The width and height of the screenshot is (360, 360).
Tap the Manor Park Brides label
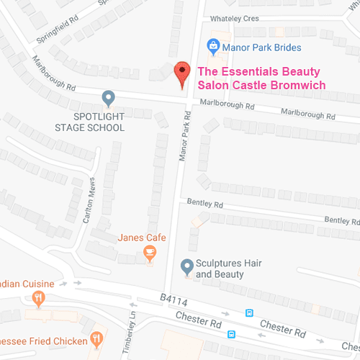point(262,48)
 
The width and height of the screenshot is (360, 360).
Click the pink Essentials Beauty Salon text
point(261,78)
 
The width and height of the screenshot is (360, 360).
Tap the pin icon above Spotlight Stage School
point(108,97)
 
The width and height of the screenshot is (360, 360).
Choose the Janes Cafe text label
point(142,238)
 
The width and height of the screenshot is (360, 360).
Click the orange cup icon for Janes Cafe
point(150,252)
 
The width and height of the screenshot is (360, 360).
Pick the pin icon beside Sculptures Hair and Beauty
point(186,266)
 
